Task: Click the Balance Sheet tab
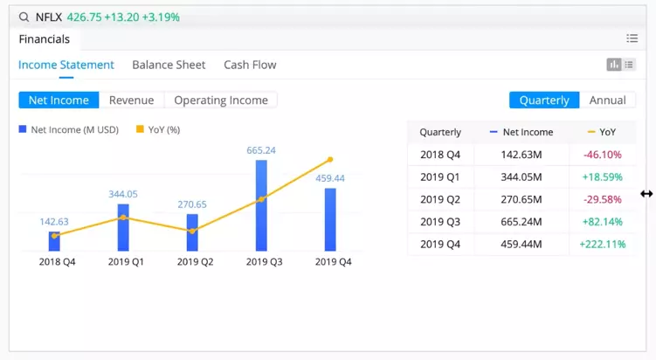pyautogui.click(x=169, y=65)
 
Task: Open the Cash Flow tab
pyautogui.click(x=250, y=65)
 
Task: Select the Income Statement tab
pyautogui.click(x=66, y=65)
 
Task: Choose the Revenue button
pyautogui.click(x=131, y=100)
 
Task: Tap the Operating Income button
pyautogui.click(x=221, y=100)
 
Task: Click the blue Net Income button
pyautogui.click(x=59, y=100)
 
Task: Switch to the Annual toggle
pyautogui.click(x=607, y=100)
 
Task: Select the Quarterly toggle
pyautogui.click(x=544, y=100)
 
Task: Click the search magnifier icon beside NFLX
pyautogui.click(x=24, y=17)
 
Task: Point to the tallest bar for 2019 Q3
pyautogui.click(x=261, y=205)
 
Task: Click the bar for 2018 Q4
pyautogui.click(x=54, y=241)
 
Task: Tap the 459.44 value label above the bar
pyautogui.click(x=329, y=178)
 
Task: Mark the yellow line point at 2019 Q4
pyautogui.click(x=330, y=160)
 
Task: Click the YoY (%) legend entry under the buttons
pyautogui.click(x=158, y=129)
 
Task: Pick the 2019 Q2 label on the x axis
pyautogui.click(x=195, y=261)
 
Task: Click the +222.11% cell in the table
pyautogui.click(x=602, y=245)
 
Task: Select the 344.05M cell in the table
pyautogui.click(x=523, y=177)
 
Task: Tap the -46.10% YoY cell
pyautogui.click(x=602, y=155)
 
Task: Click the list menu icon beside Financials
pyautogui.click(x=632, y=38)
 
